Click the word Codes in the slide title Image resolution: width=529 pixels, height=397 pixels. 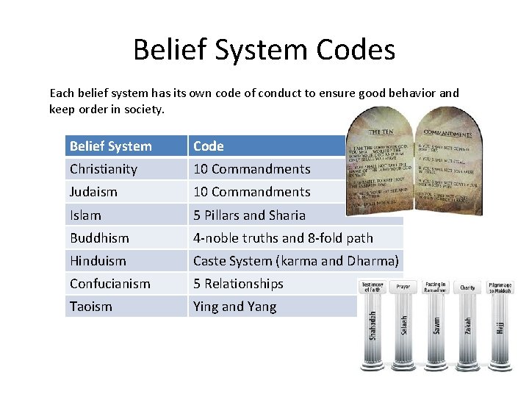[x=356, y=50]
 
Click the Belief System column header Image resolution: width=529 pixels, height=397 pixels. [x=110, y=146]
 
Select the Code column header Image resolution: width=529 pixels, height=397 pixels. [x=209, y=146]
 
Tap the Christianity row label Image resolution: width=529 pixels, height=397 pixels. [x=104, y=169]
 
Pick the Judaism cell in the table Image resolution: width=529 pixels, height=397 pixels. [x=95, y=192]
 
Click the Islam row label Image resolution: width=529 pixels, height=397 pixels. [x=85, y=215]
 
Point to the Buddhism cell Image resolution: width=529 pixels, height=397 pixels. [x=99, y=238]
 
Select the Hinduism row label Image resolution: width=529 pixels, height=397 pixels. [x=98, y=261]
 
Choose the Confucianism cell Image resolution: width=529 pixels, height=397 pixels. [x=109, y=284]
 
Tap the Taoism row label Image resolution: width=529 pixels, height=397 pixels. [x=90, y=307]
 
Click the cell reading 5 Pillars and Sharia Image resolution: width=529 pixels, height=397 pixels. [x=249, y=215]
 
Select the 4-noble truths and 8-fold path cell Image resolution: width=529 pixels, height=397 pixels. [x=283, y=238]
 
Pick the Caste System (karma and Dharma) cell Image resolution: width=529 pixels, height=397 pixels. [x=295, y=261]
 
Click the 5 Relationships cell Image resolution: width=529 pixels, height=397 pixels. [x=238, y=284]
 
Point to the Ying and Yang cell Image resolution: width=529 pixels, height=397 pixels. [x=234, y=307]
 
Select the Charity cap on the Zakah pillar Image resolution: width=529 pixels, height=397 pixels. [x=468, y=287]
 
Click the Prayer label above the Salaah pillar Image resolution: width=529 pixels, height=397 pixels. [x=403, y=286]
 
